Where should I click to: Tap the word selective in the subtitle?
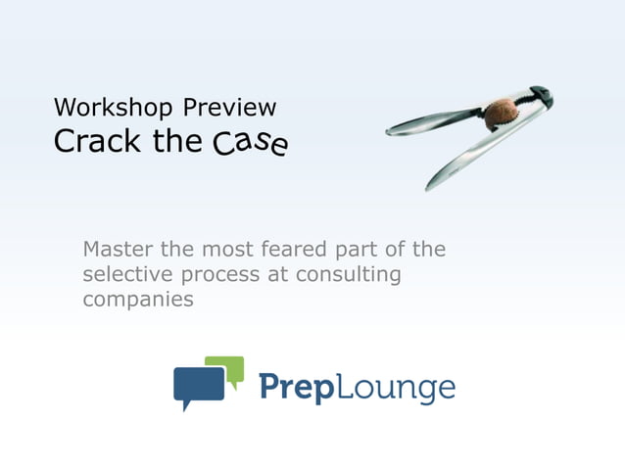pyautogui.click(x=125, y=275)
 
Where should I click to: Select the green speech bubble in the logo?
pyautogui.click(x=230, y=368)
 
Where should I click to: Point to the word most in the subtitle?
pyautogui.click(x=236, y=250)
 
